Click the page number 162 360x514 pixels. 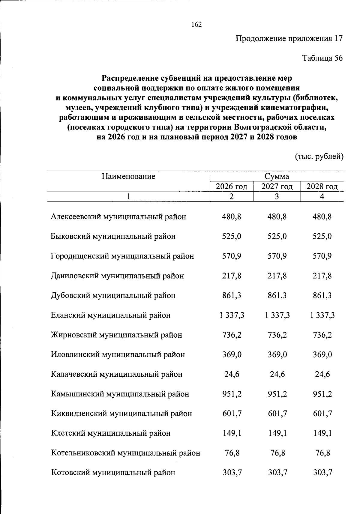tap(196, 25)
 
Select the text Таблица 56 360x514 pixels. tap(322, 58)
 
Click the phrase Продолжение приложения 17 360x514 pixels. tap(289, 39)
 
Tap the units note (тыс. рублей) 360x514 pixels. tap(319, 157)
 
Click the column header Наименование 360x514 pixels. tap(128, 176)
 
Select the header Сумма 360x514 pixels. tap(277, 176)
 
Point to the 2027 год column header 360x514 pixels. tap(277, 187)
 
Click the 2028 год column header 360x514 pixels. tap(322, 187)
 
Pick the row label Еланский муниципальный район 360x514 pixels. tap(111, 315)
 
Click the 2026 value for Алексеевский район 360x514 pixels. tap(232, 217)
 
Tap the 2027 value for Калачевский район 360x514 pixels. tap(277, 374)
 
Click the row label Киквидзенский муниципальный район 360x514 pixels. tap(121, 414)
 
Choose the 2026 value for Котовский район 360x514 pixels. tap(232, 473)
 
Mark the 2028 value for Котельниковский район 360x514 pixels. tap(322, 453)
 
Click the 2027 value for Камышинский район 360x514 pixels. tap(277, 394)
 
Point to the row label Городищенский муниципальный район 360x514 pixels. tap(122, 256)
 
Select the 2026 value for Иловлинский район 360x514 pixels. tap(232, 354)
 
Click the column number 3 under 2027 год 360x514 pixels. tap(277, 196)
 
